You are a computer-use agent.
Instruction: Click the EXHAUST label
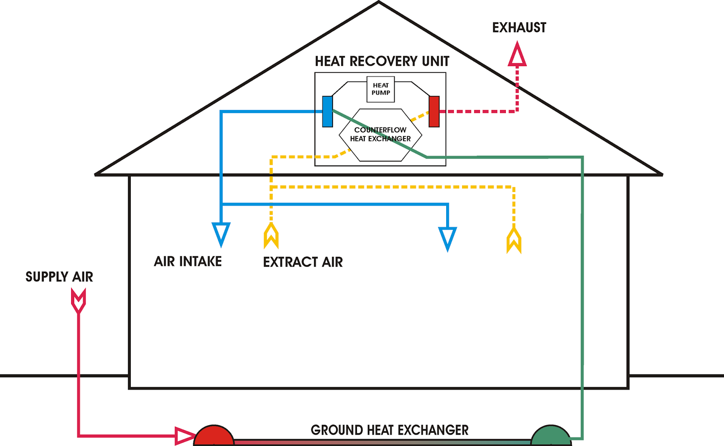(519, 28)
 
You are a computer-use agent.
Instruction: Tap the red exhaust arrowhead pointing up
(517, 55)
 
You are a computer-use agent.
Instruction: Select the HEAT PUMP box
(381, 89)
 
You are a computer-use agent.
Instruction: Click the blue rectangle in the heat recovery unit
(328, 111)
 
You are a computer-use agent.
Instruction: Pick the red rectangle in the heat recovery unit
(434, 111)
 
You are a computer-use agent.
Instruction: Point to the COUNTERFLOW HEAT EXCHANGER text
(380, 134)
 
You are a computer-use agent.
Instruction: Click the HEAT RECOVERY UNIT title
(382, 61)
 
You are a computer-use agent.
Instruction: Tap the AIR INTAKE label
(188, 261)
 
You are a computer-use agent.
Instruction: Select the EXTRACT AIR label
(303, 262)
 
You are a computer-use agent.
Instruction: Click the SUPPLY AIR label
(59, 277)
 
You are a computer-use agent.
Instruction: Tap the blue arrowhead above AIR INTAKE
(221, 234)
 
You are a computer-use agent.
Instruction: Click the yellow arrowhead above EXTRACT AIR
(271, 235)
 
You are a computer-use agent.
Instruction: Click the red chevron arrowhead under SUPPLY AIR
(79, 301)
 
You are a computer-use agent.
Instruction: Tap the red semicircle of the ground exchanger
(214, 436)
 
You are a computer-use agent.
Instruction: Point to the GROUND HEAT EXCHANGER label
(389, 430)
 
